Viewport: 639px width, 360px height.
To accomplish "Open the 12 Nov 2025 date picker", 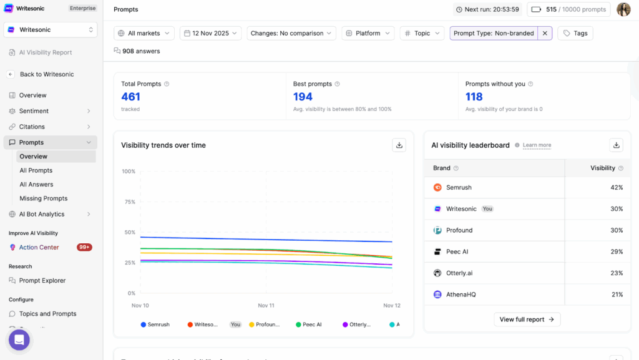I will coord(210,33).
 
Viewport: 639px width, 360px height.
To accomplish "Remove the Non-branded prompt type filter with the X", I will coord(545,33).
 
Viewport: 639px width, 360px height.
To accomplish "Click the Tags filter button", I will coord(575,33).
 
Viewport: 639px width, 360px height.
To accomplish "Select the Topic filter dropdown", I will coord(422,33).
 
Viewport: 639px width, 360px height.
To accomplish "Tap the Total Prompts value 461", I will coord(131,97).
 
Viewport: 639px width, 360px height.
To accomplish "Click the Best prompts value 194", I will coord(303,97).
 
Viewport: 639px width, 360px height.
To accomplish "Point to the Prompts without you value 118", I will coord(474,97).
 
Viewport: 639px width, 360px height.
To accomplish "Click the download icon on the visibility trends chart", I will coord(399,145).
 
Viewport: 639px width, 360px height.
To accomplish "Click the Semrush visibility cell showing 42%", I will coord(616,188).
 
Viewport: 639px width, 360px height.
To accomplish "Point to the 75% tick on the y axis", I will coord(129,202).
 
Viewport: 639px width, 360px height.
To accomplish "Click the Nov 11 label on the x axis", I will coord(266,306).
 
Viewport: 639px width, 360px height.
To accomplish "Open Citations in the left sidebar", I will coord(32,127).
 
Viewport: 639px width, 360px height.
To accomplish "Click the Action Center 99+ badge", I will coord(84,247).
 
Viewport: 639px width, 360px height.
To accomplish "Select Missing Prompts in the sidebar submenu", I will coord(43,198).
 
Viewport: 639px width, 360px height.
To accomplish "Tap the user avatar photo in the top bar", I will coord(623,9).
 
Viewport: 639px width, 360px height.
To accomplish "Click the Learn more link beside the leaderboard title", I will coord(537,145).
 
